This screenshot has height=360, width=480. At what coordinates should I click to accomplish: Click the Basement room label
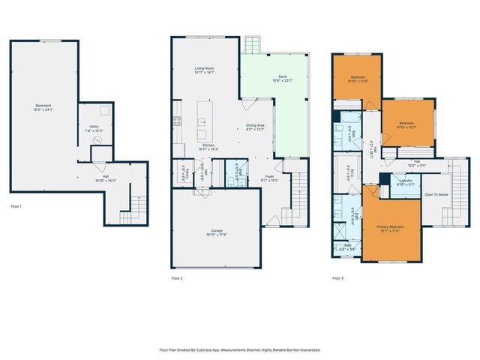[43, 108]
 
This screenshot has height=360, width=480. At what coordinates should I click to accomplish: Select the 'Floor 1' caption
[16, 206]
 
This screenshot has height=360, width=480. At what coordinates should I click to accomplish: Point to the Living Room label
[205, 70]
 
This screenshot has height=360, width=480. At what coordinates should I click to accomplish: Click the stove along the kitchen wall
[178, 120]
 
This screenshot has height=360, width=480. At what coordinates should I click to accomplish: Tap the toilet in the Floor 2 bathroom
[232, 180]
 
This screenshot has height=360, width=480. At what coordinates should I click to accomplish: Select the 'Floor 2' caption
[177, 278]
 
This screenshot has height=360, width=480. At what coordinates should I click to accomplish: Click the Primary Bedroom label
[390, 228]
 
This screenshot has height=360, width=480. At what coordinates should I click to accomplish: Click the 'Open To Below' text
[436, 194]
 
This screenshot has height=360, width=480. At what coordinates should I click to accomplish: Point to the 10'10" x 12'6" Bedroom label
[359, 79]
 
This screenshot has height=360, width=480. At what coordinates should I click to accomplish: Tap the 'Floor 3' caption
[338, 278]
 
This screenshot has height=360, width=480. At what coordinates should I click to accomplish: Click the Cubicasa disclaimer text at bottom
[240, 349]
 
